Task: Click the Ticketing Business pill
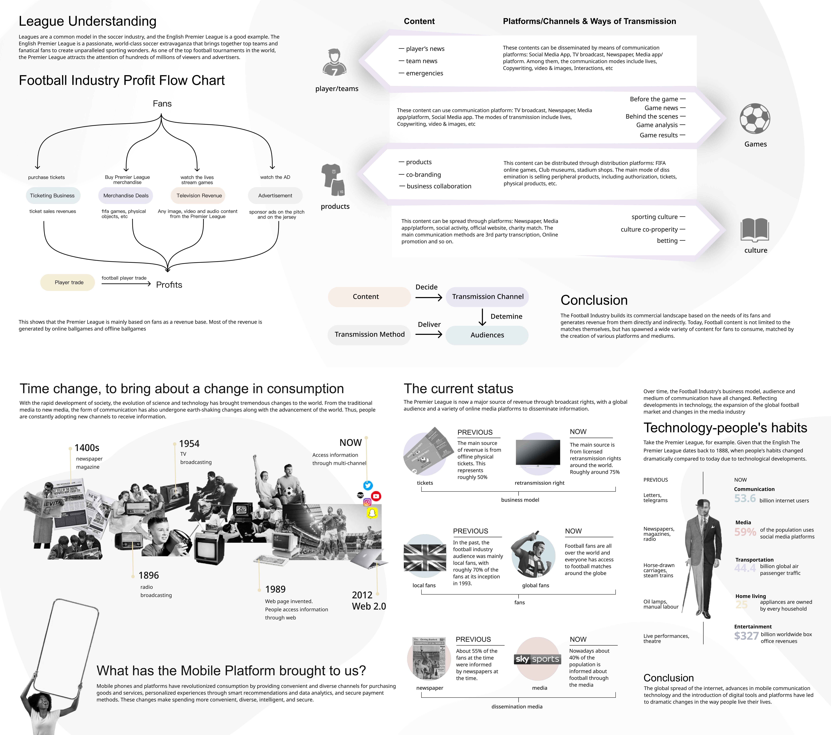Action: (x=52, y=195)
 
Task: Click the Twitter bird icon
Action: (x=368, y=486)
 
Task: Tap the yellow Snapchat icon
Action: (x=372, y=513)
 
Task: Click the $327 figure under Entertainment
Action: (x=746, y=636)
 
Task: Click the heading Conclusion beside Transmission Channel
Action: (x=594, y=300)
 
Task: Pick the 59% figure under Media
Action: (x=745, y=532)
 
